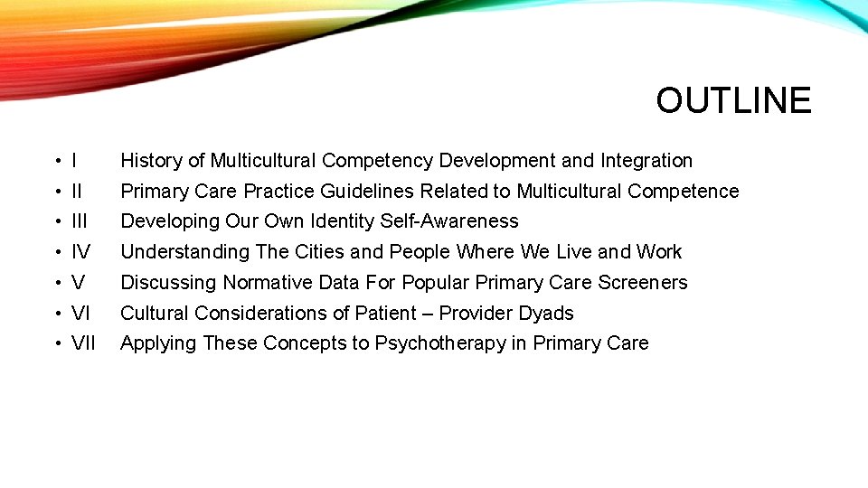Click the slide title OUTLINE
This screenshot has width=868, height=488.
click(733, 100)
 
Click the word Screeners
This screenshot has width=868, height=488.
click(643, 283)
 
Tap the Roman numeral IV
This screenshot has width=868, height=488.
click(80, 252)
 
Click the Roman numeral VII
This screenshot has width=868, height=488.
click(83, 343)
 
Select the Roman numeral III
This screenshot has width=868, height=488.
click(79, 221)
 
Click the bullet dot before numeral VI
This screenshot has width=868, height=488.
click(57, 314)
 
